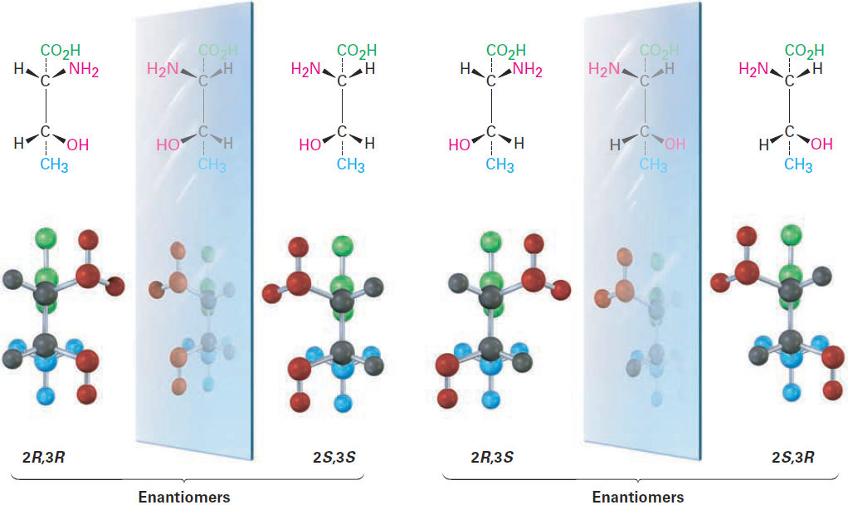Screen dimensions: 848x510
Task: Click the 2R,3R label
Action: (43, 458)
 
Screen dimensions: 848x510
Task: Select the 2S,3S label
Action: (334, 458)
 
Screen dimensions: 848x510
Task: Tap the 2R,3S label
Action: (492, 458)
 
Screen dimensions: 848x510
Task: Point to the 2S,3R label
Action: (793, 458)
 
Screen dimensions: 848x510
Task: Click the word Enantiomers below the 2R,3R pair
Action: (184, 497)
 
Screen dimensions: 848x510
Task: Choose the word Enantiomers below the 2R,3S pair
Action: (638, 497)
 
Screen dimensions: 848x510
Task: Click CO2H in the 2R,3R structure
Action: (61, 51)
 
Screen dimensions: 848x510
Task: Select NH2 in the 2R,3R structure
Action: (84, 71)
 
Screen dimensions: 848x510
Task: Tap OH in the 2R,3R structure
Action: (78, 145)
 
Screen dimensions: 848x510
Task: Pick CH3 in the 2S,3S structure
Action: (350, 164)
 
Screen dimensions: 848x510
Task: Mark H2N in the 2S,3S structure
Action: (306, 69)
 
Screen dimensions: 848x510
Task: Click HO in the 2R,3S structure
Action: (459, 145)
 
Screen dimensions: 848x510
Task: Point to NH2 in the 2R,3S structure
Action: (527, 71)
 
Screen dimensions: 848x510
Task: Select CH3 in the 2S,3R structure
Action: (798, 164)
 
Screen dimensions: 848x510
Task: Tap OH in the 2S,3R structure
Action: (821, 144)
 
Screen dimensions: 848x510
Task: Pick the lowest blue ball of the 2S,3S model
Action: (343, 404)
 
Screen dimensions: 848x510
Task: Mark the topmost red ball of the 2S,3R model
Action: (747, 237)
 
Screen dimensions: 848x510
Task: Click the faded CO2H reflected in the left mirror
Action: (218, 51)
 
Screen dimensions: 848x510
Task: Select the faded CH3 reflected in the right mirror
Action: (653, 164)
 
